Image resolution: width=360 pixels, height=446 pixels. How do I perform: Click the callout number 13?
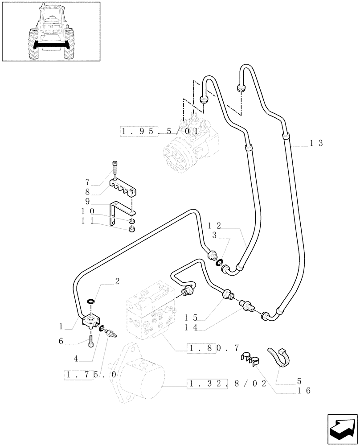click(x=316, y=143)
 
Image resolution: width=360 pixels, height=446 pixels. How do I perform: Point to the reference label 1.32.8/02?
click(x=227, y=383)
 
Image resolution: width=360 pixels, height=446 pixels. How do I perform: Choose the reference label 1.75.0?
click(x=91, y=375)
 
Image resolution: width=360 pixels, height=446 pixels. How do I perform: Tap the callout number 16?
click(x=305, y=391)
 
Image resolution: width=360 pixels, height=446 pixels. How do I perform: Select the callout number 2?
click(x=117, y=281)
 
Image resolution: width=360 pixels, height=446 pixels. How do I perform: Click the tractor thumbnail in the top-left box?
click(x=50, y=31)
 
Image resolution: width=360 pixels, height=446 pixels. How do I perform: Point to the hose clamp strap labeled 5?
click(x=279, y=357)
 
